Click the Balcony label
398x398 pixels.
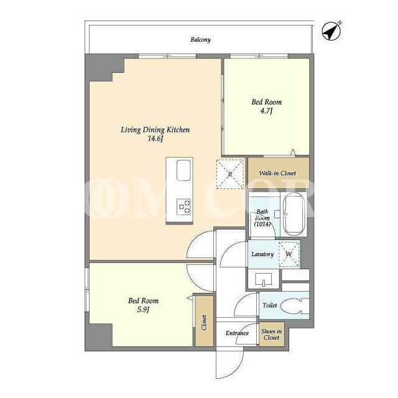click(x=200, y=40)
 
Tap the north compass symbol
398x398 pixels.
click(x=331, y=31)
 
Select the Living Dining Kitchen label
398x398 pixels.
click(x=155, y=130)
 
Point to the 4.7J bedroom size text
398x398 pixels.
click(x=266, y=111)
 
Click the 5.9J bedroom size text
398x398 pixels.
click(x=143, y=310)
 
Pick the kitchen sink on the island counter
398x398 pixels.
click(x=183, y=170)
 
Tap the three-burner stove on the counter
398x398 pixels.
click(x=183, y=206)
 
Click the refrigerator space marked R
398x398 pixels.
click(x=230, y=174)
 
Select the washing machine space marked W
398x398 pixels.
click(x=289, y=254)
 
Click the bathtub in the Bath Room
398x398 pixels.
click(x=294, y=214)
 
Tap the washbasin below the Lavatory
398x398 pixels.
click(x=264, y=279)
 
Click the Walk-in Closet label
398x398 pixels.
click(x=277, y=173)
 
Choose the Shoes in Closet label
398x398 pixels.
click(x=271, y=335)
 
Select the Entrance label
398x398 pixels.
click(x=237, y=333)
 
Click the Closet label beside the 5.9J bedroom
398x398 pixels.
click(x=204, y=322)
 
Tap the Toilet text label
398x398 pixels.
click(x=270, y=305)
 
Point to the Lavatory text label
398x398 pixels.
click(x=262, y=254)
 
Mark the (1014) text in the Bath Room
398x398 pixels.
click(x=262, y=224)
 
